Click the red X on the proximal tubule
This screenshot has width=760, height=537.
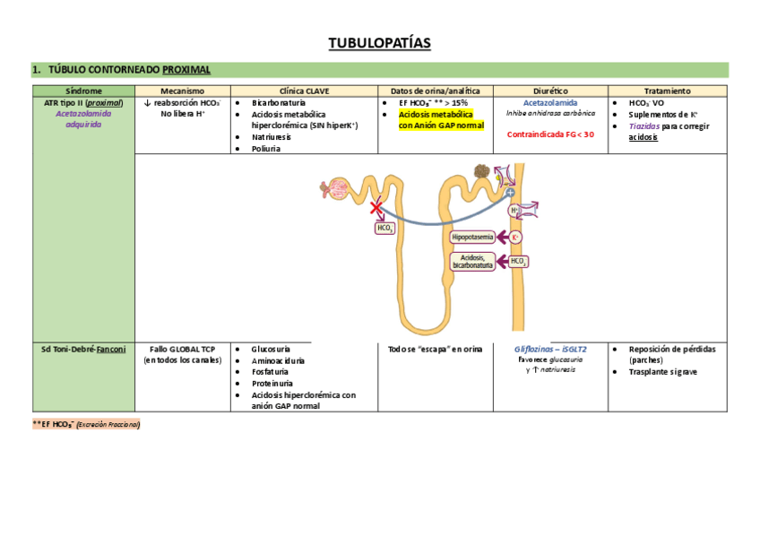pos(377,208)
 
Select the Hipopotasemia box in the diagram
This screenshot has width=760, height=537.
pos(472,238)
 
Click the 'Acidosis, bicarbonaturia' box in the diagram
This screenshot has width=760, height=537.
pos(472,262)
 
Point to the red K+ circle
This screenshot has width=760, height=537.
pos(516,238)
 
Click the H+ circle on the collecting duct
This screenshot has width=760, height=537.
pos(514,211)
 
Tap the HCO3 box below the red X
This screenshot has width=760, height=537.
pos(384,228)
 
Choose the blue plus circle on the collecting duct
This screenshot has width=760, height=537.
pos(510,192)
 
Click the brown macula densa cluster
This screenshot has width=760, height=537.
pos(481,172)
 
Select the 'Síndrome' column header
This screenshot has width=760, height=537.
pos(83,91)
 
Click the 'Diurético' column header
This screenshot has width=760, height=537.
pos(550,91)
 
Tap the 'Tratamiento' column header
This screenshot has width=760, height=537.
pos(667,91)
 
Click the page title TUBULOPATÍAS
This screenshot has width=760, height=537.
pos(379,43)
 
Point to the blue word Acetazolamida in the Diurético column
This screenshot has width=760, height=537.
pos(550,103)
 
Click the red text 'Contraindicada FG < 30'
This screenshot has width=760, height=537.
pos(550,134)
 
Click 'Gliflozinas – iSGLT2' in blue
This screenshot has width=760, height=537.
pos(550,349)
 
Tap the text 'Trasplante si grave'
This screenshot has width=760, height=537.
pos(662,371)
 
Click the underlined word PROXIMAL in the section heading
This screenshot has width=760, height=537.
pos(186,69)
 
